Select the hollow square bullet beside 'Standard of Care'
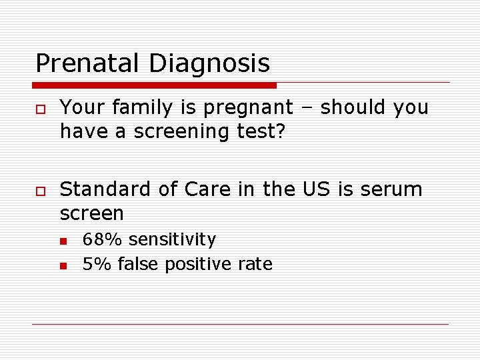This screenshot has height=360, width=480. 41,191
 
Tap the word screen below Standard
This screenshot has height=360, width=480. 92,214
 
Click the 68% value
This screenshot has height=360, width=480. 103,239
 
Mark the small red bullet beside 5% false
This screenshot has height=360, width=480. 63,266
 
